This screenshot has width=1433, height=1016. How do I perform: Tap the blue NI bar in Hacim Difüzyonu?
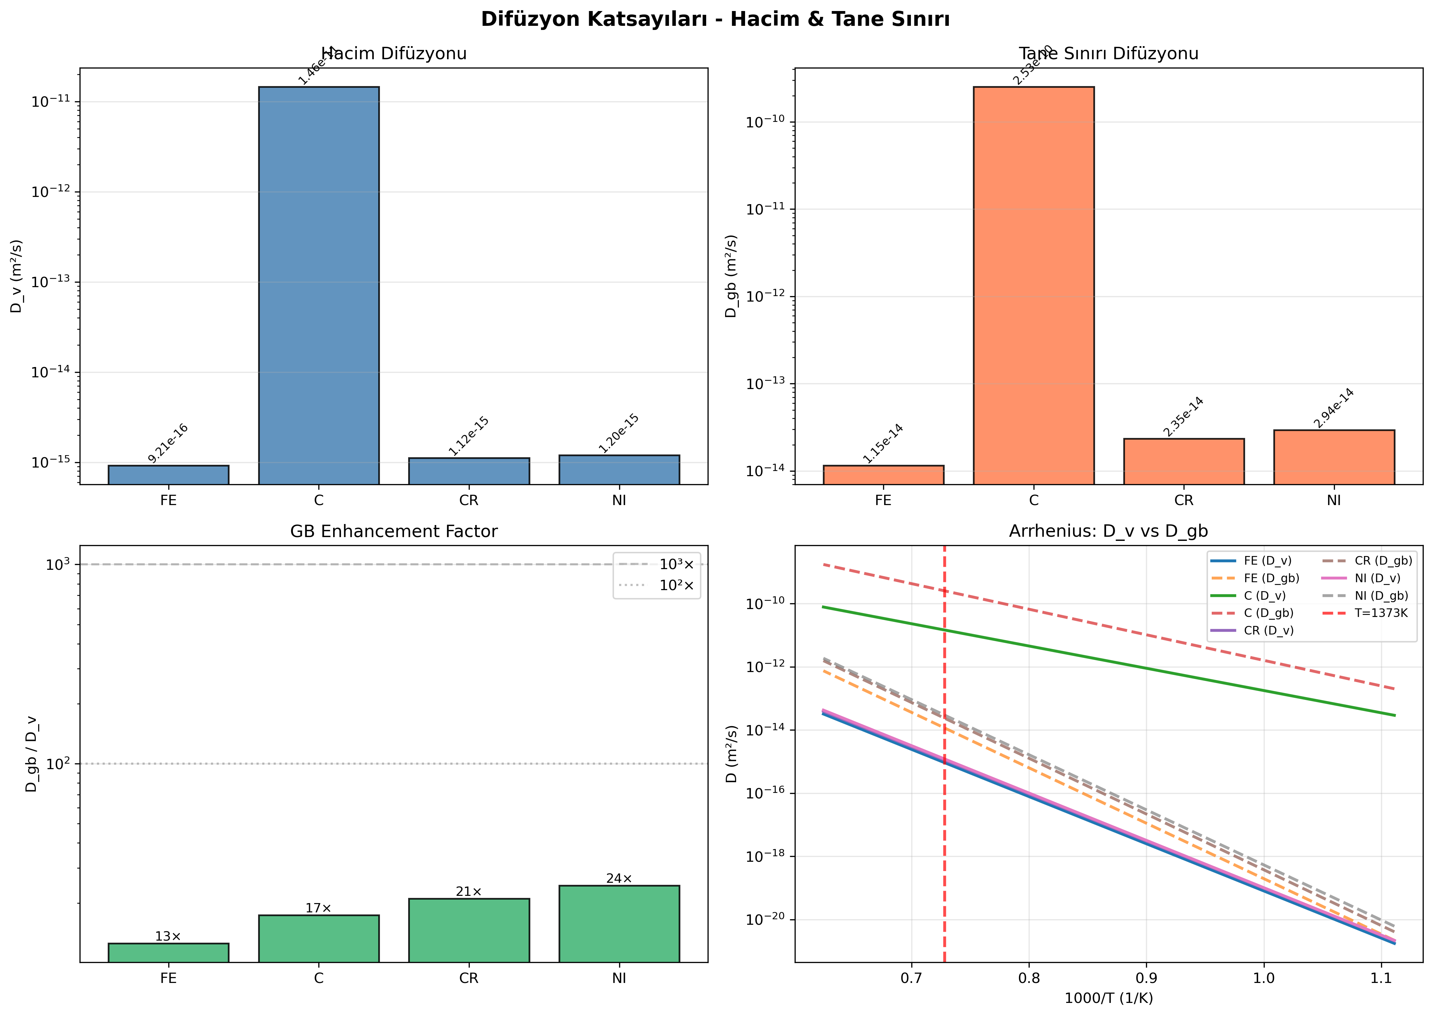point(619,469)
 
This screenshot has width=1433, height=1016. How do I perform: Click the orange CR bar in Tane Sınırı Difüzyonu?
point(1183,461)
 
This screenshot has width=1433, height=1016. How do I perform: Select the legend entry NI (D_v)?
point(1377,578)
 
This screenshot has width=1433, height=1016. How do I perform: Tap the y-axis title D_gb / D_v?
point(31,754)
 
